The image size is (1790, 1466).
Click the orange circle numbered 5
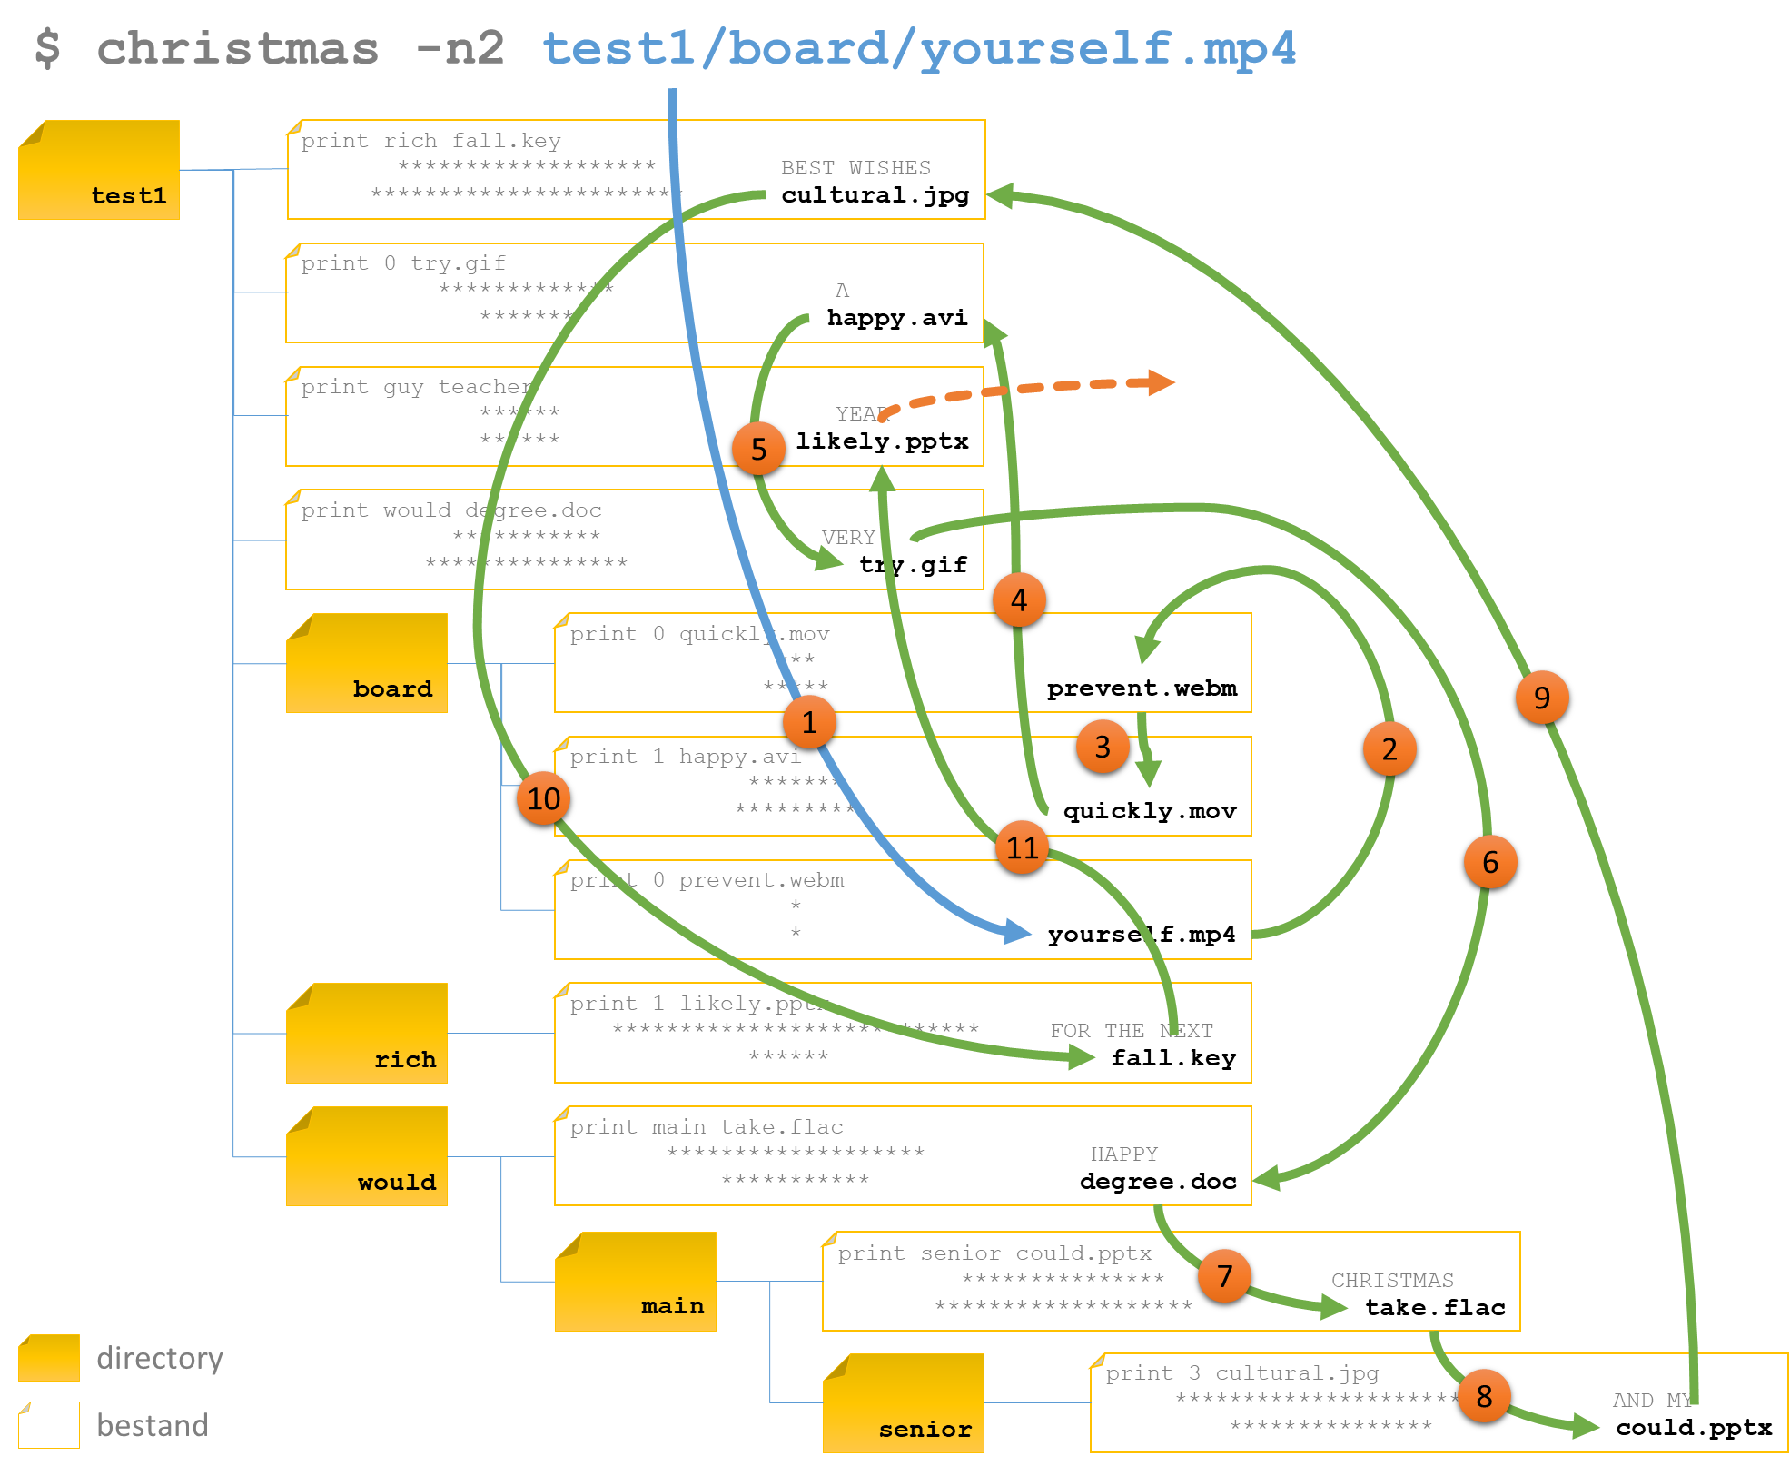[758, 449]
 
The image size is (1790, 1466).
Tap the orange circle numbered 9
[1541, 698]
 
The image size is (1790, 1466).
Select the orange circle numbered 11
[1022, 847]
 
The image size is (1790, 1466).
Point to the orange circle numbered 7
[1224, 1276]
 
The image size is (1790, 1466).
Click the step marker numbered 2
[1389, 749]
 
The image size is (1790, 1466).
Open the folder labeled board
[367, 663]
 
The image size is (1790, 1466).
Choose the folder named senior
[903, 1403]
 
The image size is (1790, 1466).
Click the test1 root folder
[99, 170]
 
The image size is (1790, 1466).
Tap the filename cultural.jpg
[875, 195]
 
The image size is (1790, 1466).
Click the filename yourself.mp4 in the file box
[1141, 935]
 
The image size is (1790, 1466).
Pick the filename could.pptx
[1694, 1428]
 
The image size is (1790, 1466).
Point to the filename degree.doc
[1158, 1182]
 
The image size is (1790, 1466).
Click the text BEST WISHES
[855, 168]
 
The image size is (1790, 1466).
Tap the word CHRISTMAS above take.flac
[1392, 1281]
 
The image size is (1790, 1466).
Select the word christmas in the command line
[237, 48]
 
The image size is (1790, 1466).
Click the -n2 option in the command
[460, 48]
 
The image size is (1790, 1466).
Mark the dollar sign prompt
[47, 48]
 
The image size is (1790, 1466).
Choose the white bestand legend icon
[49, 1425]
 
